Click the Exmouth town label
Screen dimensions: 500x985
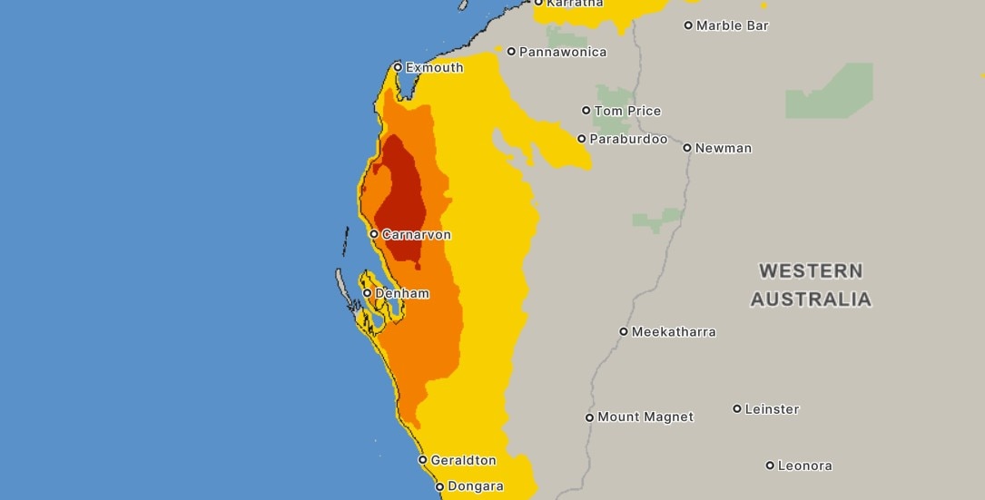pos(434,68)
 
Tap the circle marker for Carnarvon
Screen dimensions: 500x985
pos(374,234)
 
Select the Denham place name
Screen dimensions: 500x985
pos(402,294)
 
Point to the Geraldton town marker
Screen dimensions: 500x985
pos(422,460)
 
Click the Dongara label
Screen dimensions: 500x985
pos(476,486)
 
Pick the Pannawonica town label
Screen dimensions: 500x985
pos(563,52)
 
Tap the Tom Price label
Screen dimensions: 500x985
pos(627,111)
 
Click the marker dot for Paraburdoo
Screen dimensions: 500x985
pos(582,139)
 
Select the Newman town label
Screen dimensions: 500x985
pos(724,148)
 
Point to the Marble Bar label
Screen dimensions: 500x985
pos(732,25)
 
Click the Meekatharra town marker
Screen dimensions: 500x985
pos(624,331)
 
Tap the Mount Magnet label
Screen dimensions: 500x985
pos(645,417)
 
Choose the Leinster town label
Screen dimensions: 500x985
pos(772,409)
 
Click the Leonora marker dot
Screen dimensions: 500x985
pos(770,466)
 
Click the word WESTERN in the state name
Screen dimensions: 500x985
pos(811,270)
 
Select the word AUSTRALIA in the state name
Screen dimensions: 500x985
pos(811,299)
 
